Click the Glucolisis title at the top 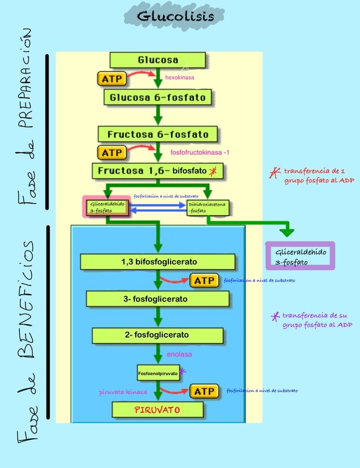(175, 17)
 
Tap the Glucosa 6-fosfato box (158, 98)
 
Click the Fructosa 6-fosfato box (158, 134)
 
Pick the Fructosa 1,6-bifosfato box (158, 171)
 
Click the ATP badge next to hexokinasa (112, 78)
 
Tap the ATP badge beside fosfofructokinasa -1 (112, 152)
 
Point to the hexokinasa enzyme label (179, 78)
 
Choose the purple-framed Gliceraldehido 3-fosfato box (300, 256)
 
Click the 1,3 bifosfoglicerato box (158, 262)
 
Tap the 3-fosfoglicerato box (158, 299)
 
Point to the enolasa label (179, 354)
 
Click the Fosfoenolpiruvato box (158, 374)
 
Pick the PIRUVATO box (157, 410)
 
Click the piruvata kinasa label (123, 392)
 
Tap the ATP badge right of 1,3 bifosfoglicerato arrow (204, 280)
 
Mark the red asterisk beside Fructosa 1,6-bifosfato (213, 172)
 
